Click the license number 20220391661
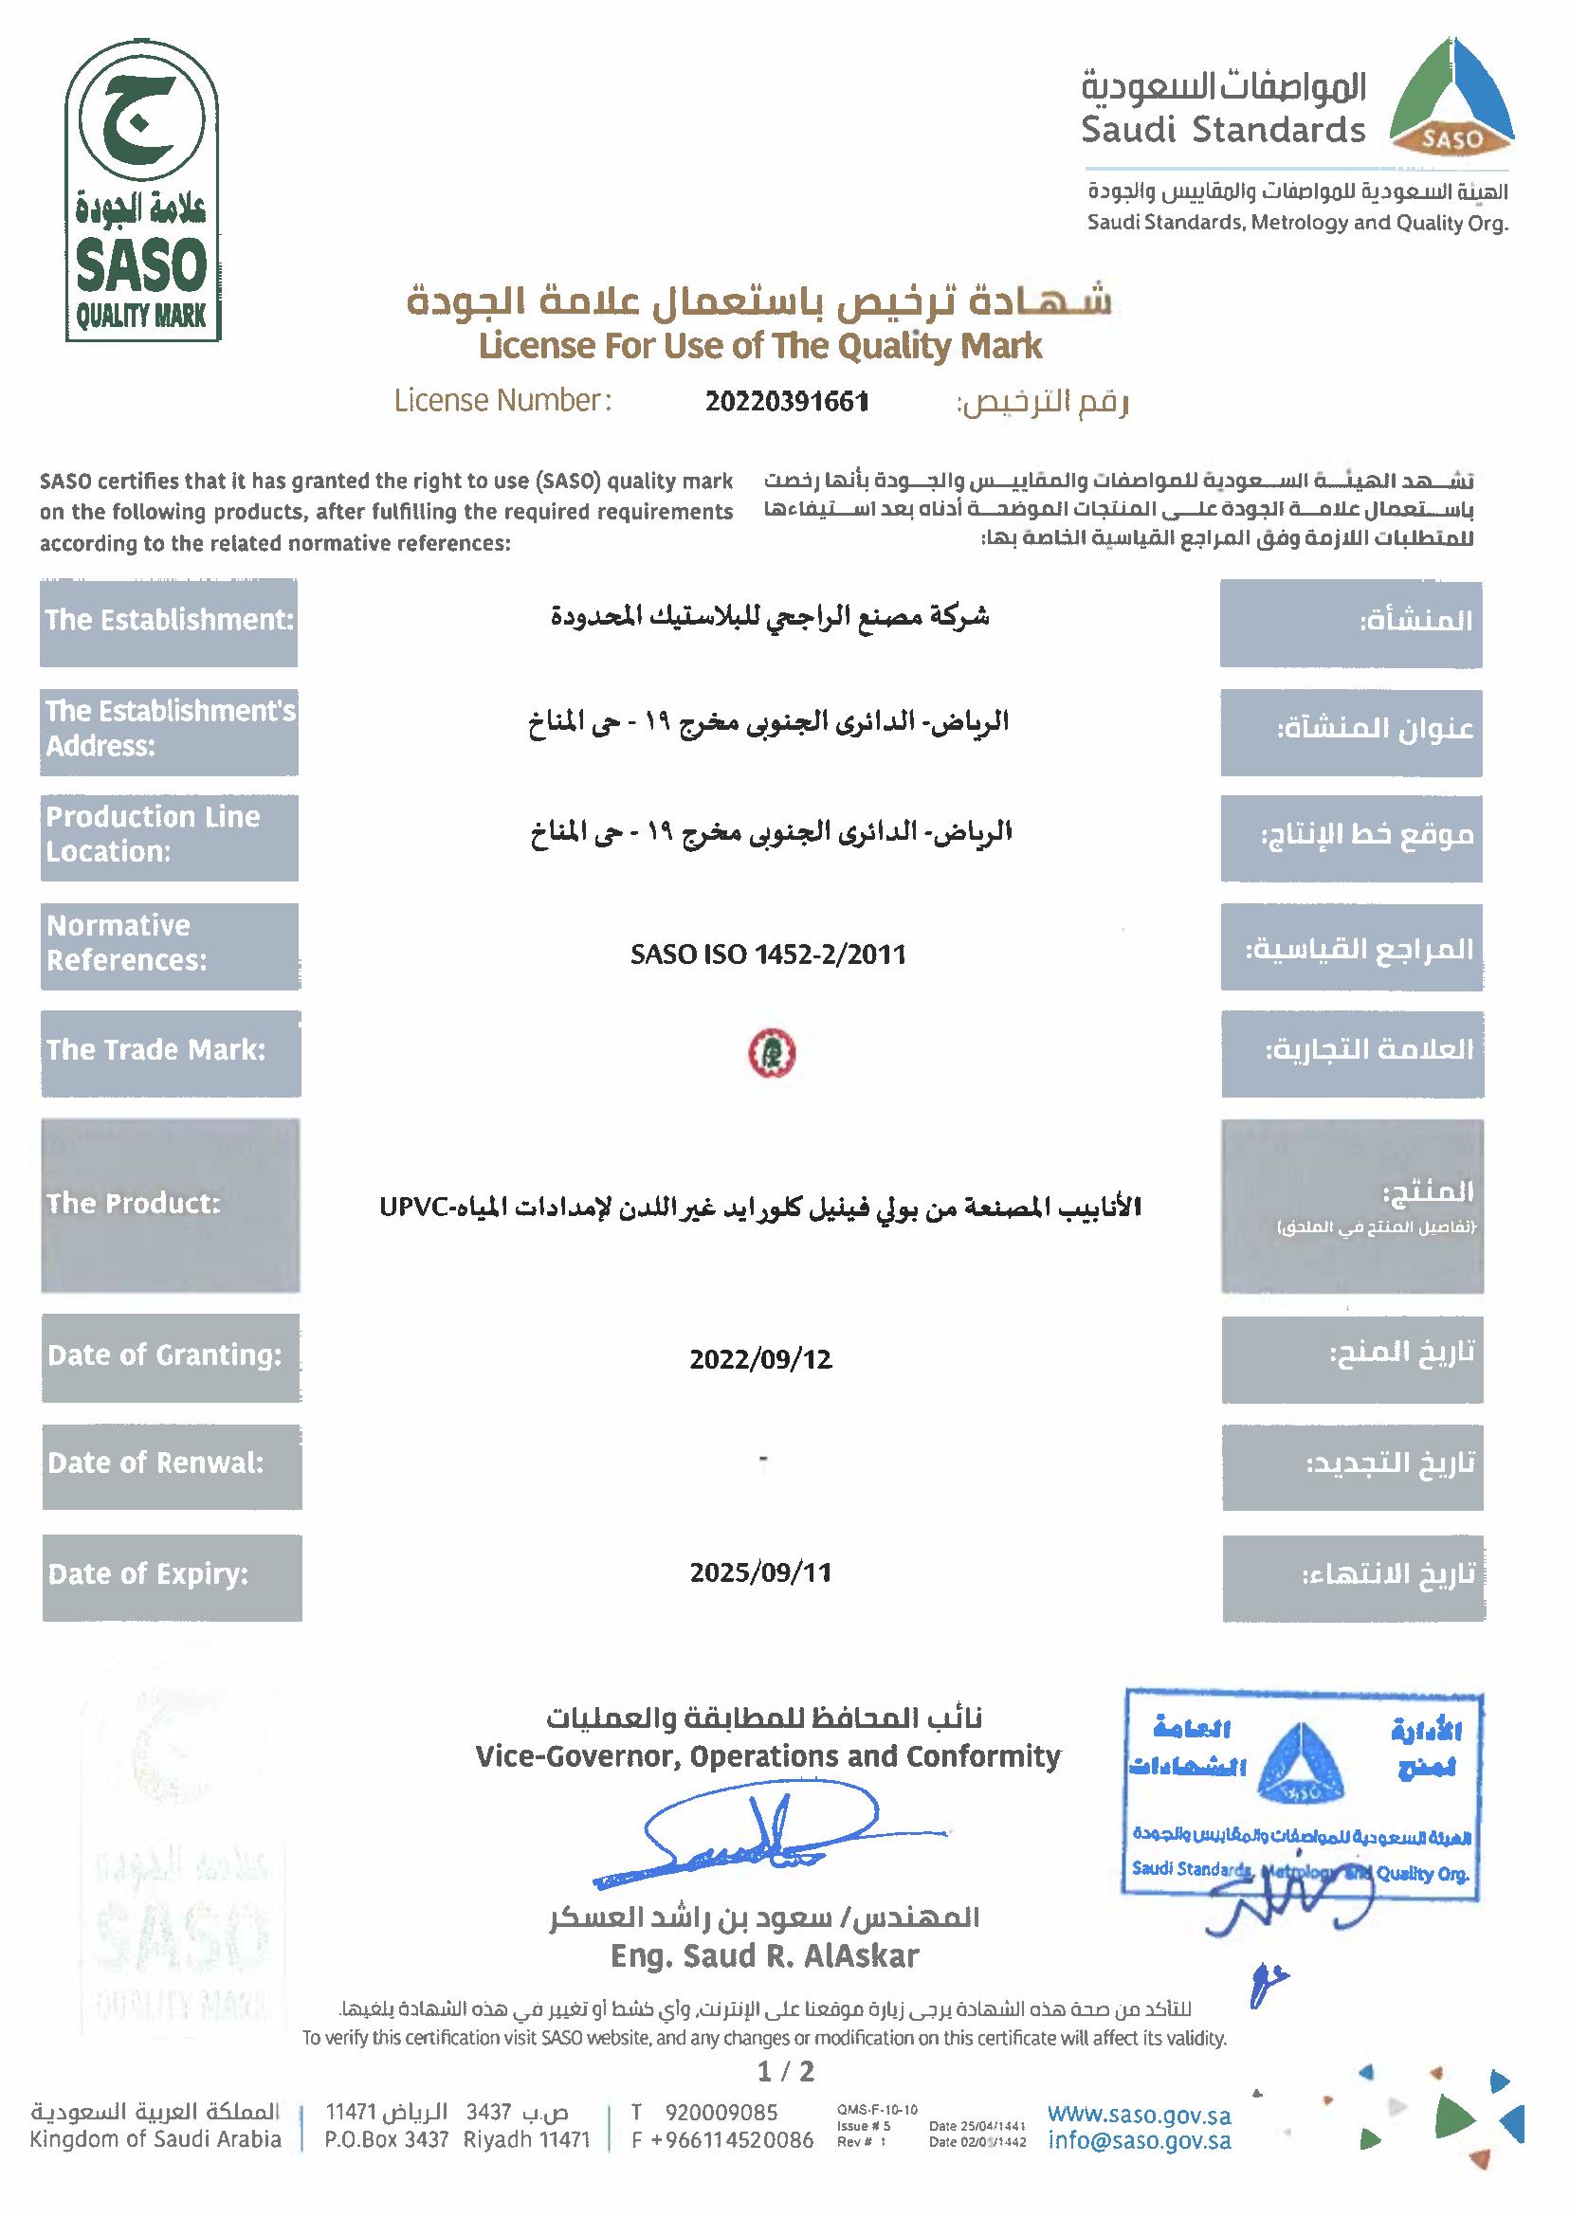pos(786,401)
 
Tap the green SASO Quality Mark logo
pos(142,192)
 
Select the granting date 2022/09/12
pos(761,1359)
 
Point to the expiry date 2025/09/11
pos(761,1572)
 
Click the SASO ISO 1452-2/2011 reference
pos(769,954)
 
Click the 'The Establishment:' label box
pos(169,622)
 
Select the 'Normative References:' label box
pos(170,945)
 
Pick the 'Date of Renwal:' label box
pos(171,1464)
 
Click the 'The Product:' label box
pos(170,1204)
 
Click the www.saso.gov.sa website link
pos(1139,2115)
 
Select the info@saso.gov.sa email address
pos(1139,2140)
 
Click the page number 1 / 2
pos(786,2070)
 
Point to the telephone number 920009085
pos(721,2113)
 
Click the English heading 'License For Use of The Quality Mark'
pos(761,346)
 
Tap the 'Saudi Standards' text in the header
pos(1223,130)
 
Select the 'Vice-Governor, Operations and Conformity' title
pos(769,1756)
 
